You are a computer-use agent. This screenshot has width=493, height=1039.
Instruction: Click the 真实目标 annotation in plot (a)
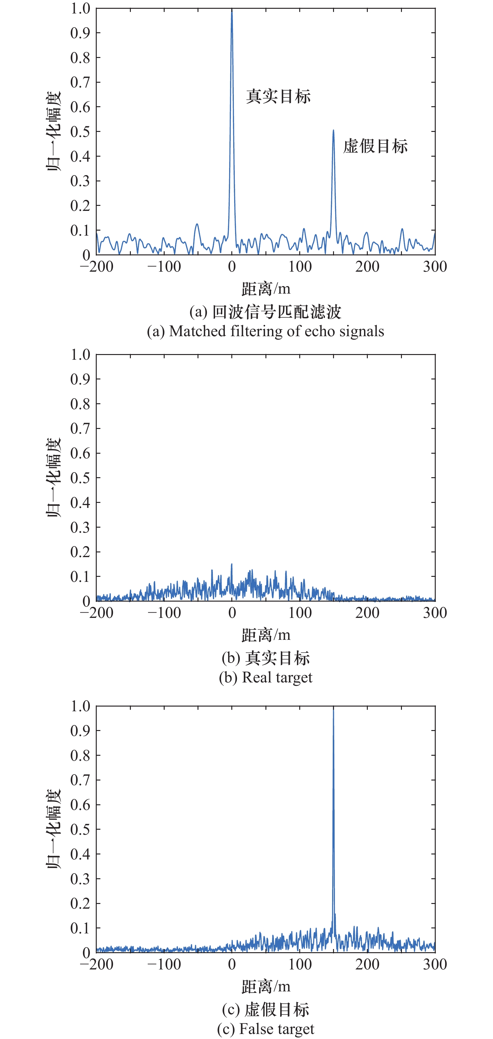coord(278,97)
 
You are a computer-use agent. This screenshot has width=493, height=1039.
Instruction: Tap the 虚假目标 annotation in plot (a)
coord(375,146)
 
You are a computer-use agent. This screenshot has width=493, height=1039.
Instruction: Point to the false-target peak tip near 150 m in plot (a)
coord(333,130)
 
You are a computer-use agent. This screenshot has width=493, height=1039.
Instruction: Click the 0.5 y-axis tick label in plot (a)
coord(80,132)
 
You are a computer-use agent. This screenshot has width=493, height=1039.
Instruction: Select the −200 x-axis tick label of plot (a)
coord(97,267)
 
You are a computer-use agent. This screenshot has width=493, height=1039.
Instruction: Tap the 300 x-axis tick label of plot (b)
coord(434,613)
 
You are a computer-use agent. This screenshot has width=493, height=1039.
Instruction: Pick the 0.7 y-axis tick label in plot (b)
coord(80,428)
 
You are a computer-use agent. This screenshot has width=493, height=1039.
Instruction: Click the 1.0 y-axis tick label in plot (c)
coord(80,706)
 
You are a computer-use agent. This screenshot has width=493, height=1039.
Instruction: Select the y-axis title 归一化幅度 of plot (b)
coord(54,478)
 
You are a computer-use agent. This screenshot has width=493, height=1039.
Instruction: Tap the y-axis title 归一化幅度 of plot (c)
coord(54,829)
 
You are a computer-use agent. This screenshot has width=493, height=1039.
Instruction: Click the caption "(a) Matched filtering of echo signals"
coord(265,331)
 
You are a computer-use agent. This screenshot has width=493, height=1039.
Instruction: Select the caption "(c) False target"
coord(265,1029)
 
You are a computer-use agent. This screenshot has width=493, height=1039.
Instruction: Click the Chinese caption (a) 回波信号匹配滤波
coord(265,311)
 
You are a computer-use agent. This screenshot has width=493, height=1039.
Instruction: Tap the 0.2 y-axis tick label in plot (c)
coord(80,903)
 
